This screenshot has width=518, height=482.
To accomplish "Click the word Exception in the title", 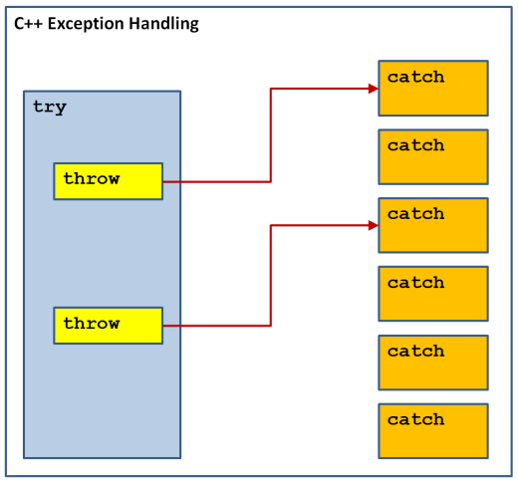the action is pyautogui.click(x=86, y=24).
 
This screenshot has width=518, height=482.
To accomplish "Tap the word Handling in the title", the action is pyautogui.click(x=163, y=24).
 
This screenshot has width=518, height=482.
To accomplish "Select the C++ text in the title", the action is pyautogui.click(x=28, y=24).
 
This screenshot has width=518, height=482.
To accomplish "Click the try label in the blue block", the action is pyautogui.click(x=50, y=107).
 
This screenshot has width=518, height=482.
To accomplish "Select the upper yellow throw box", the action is pyautogui.click(x=109, y=181).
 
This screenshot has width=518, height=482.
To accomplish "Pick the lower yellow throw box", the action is pyautogui.click(x=109, y=326).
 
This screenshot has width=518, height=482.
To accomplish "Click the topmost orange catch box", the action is pyautogui.click(x=433, y=89).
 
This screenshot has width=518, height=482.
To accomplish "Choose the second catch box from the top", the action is pyautogui.click(x=433, y=156).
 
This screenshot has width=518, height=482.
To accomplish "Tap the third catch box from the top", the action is pyautogui.click(x=433, y=225).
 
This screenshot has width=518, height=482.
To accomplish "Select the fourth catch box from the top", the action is pyautogui.click(x=433, y=294).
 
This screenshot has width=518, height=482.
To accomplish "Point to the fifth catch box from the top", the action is pyautogui.click(x=433, y=362).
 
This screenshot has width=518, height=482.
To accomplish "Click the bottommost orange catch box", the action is pyautogui.click(x=433, y=431).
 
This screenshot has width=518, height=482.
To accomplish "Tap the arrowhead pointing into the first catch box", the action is pyautogui.click(x=374, y=89).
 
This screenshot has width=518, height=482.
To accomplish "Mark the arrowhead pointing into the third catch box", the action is pyautogui.click(x=374, y=226).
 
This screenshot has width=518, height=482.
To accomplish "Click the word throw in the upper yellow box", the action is pyautogui.click(x=92, y=178).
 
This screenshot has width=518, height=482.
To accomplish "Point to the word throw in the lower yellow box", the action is pyautogui.click(x=92, y=323).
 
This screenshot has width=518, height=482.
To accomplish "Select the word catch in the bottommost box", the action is pyautogui.click(x=415, y=419).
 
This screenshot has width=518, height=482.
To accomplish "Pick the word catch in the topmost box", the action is pyautogui.click(x=415, y=77).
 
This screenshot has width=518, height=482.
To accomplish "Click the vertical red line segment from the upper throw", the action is pyautogui.click(x=271, y=135).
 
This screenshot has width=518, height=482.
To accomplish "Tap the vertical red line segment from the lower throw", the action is pyautogui.click(x=271, y=276).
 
